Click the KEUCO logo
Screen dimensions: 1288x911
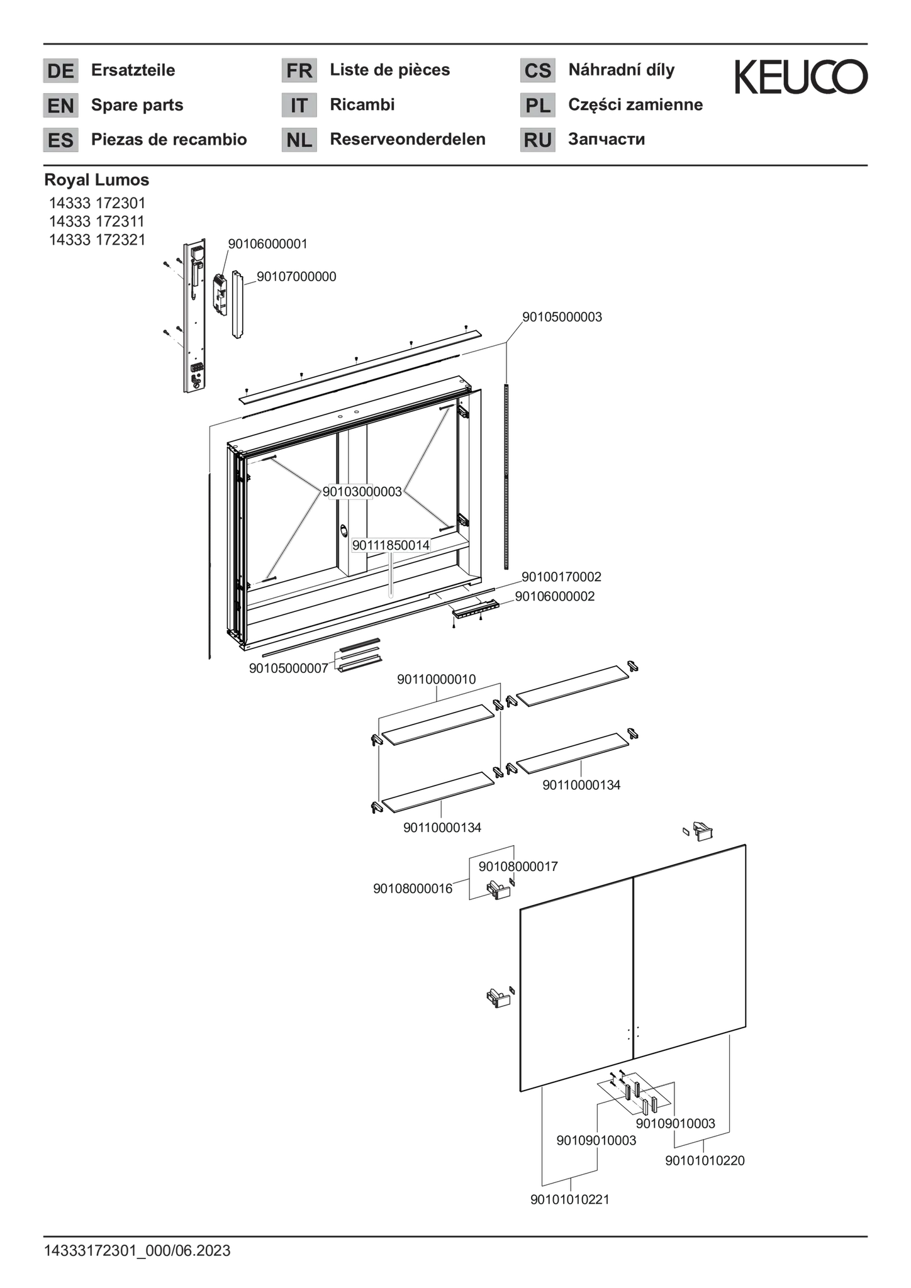[801, 77]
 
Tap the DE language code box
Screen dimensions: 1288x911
[60, 70]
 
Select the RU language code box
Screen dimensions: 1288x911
[538, 140]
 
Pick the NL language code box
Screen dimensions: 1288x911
[299, 140]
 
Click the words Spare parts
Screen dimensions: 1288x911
[137, 104]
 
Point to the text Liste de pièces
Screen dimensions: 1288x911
[390, 70]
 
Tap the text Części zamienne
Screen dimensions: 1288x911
[635, 104]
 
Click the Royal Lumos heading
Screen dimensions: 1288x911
[97, 180]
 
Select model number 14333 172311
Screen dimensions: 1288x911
[98, 221]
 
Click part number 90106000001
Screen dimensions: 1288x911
[267, 244]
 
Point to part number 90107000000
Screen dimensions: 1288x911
[296, 277]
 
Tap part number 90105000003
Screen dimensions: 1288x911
[562, 317]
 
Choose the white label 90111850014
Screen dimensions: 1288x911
[391, 545]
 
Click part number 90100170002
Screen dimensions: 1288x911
[561, 577]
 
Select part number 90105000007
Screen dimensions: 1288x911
[288, 669]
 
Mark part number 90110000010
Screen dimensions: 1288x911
[437, 680]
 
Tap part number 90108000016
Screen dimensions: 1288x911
[413, 889]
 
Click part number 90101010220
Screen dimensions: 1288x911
[705, 1160]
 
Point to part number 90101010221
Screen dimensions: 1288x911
[570, 1199]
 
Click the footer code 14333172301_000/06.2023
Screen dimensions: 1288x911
[137, 1250]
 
